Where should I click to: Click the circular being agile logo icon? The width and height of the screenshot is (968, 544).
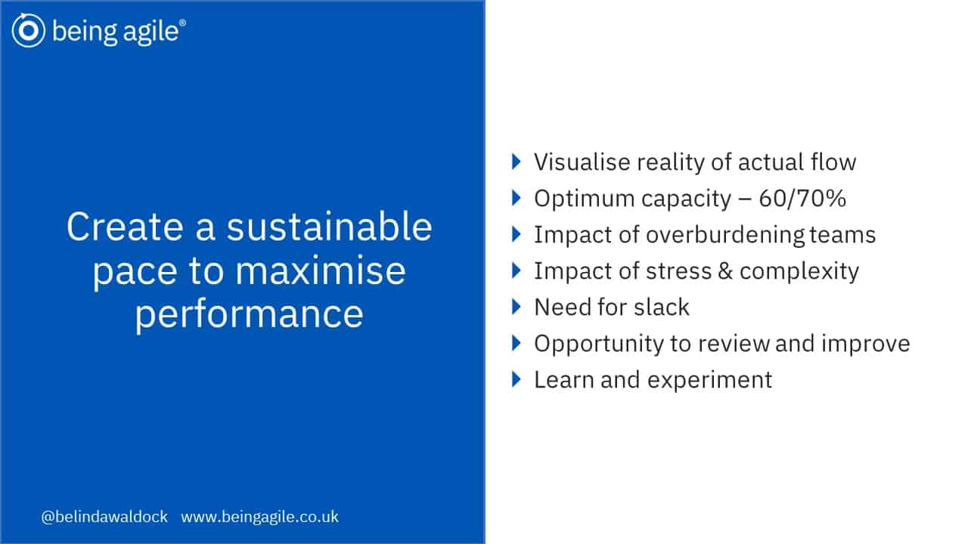click(x=29, y=30)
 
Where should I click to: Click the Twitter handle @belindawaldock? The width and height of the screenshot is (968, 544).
click(x=104, y=517)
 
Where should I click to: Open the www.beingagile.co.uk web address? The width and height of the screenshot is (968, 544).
click(x=259, y=517)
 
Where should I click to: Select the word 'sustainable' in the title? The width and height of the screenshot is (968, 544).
click(x=329, y=227)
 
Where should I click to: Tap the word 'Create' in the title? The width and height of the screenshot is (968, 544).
click(x=125, y=227)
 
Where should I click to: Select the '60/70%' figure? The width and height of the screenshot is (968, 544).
click(x=802, y=199)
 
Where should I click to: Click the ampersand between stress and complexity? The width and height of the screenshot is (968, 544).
click(x=725, y=271)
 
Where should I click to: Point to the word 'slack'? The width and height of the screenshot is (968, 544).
click(x=662, y=308)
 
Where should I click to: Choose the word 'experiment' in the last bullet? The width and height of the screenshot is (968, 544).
click(x=710, y=380)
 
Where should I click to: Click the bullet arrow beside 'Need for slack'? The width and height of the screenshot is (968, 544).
click(x=516, y=307)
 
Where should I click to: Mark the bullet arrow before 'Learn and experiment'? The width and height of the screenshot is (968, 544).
click(x=516, y=379)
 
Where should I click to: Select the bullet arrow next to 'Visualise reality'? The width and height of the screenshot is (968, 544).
click(x=516, y=162)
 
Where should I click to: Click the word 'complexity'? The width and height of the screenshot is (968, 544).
click(x=799, y=272)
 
